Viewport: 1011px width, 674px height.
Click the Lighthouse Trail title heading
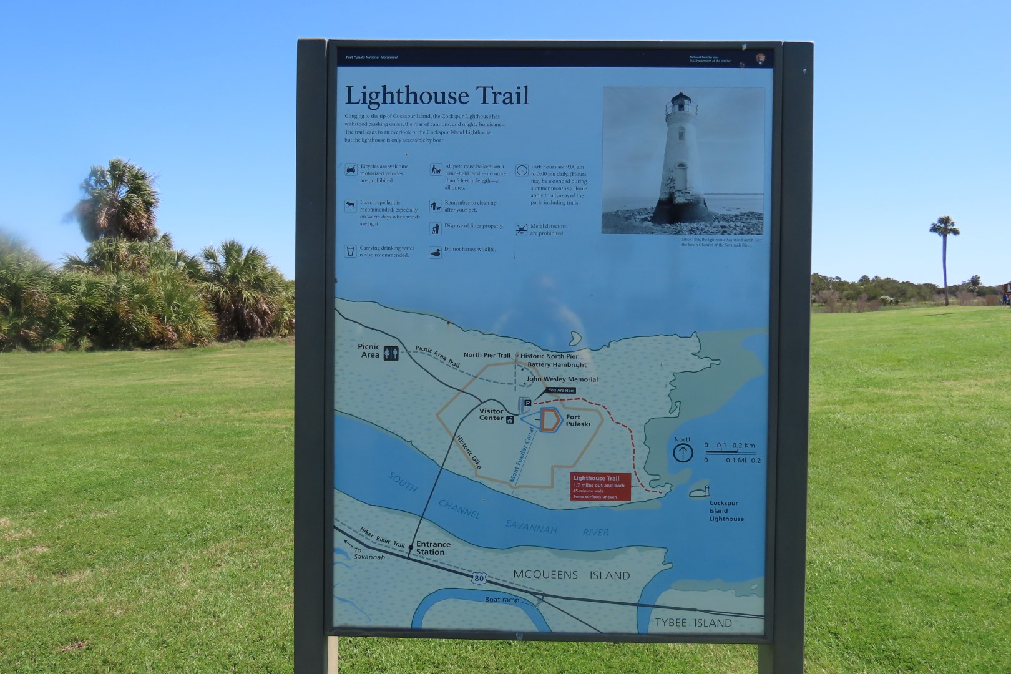437,96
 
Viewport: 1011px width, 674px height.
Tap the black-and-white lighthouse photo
683,161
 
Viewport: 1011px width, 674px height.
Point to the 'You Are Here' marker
560,391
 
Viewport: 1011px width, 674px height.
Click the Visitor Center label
491,414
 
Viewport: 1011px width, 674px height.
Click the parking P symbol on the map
526,404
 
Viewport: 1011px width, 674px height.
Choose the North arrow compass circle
683,452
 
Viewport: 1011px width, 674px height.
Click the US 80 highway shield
479,579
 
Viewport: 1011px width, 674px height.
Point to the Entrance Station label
433,548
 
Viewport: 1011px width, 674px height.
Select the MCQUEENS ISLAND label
571,575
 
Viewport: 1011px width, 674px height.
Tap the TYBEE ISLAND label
693,623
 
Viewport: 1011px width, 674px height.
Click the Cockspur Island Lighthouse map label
726,510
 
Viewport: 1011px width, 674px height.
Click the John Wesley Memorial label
562,379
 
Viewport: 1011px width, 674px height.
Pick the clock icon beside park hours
522,170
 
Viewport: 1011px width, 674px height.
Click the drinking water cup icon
351,251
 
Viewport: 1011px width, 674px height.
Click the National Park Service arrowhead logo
760,58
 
